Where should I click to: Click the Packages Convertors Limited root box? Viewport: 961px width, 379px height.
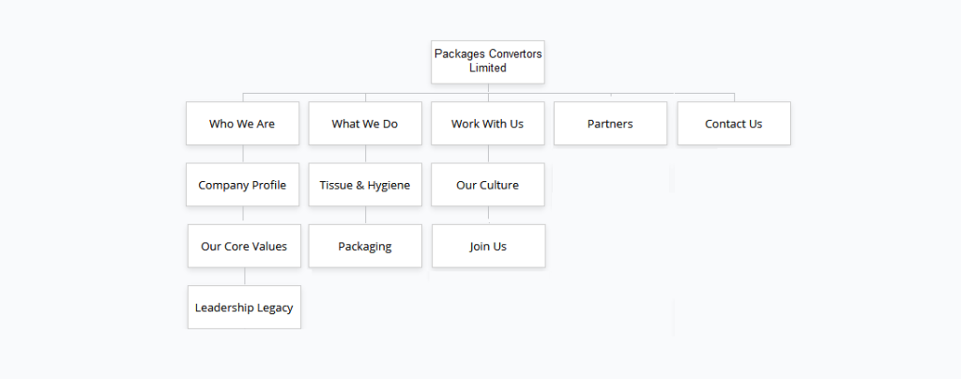click(x=488, y=62)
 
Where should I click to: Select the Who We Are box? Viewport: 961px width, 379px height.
click(x=242, y=124)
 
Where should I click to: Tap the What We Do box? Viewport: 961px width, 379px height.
click(x=365, y=124)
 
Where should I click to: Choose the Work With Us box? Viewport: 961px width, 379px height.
click(x=487, y=124)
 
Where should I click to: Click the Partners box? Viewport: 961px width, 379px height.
click(x=610, y=124)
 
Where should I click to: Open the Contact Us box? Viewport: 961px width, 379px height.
click(x=733, y=124)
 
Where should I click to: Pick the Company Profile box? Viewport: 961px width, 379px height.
click(x=242, y=185)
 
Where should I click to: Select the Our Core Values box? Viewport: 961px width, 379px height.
click(x=244, y=246)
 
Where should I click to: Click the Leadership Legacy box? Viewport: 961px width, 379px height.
click(x=244, y=307)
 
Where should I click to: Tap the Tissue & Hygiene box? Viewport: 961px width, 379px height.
click(x=365, y=185)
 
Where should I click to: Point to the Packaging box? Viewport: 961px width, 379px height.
click(x=365, y=246)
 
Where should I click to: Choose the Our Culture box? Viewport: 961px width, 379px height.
click(x=487, y=185)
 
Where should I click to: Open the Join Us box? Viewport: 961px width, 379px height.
click(x=488, y=246)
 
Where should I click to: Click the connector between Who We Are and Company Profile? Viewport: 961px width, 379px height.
click(x=243, y=154)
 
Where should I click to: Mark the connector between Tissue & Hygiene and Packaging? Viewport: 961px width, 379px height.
click(x=366, y=215)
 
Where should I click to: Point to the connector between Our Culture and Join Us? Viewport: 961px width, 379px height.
click(x=488, y=215)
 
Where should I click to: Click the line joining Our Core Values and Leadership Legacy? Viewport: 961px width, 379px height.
click(x=245, y=276)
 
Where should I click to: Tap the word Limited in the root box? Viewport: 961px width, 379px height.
click(x=488, y=68)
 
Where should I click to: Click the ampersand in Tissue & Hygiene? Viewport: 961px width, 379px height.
click(x=359, y=185)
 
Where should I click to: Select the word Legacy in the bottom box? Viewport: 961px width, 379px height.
click(x=271, y=308)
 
